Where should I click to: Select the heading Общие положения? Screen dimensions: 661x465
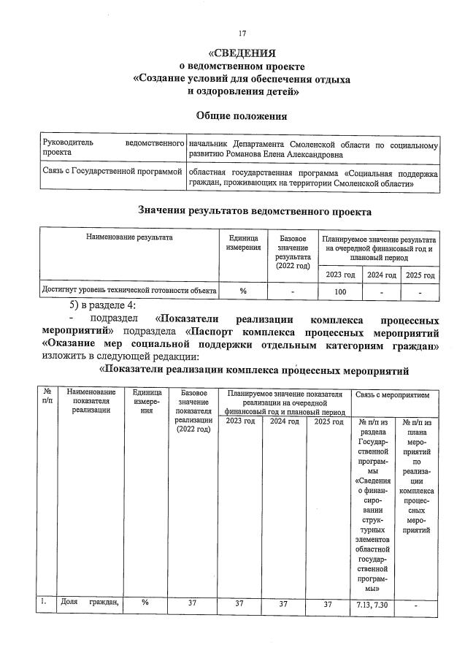pos(242,116)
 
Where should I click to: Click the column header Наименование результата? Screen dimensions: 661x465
pos(129,237)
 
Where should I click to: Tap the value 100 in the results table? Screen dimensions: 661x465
pos(340,291)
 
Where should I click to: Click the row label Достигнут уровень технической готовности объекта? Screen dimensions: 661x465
pos(129,291)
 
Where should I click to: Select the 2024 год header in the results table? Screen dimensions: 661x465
pos(380,275)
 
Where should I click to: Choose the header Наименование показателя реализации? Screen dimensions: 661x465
pos(91,402)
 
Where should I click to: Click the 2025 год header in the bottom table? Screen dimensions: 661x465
pos(328,421)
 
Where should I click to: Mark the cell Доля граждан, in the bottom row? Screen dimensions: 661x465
pos(91,603)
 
